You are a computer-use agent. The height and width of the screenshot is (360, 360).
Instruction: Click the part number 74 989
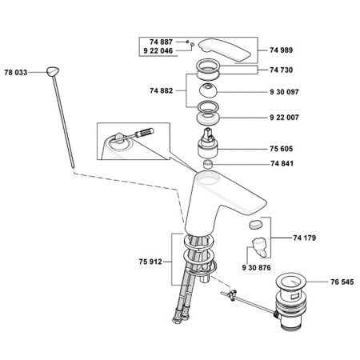(x=281, y=50)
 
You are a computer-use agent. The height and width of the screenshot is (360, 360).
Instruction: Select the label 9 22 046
(x=158, y=50)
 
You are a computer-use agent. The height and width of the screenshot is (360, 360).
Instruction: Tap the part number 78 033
(x=16, y=72)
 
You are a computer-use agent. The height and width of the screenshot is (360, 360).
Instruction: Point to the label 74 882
(x=162, y=90)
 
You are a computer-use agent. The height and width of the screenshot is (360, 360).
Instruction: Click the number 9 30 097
(x=284, y=92)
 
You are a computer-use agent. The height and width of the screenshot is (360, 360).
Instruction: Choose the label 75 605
(x=281, y=149)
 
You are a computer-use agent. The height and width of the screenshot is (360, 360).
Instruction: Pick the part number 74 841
(x=282, y=163)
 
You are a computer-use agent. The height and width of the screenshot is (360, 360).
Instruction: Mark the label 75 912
(x=150, y=262)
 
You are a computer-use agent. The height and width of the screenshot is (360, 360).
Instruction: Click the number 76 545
(x=342, y=282)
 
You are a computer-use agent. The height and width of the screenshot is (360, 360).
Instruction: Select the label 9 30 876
(x=256, y=267)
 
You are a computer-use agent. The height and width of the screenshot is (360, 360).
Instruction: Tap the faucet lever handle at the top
(x=225, y=50)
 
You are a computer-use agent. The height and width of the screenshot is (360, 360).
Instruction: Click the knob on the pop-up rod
(x=53, y=71)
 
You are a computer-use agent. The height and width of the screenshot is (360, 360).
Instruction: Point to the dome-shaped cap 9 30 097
(x=208, y=90)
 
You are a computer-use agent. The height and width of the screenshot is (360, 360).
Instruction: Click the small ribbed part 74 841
(x=208, y=164)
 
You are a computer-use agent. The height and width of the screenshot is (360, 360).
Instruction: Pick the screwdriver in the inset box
(x=136, y=134)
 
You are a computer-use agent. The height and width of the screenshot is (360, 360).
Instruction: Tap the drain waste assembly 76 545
(x=291, y=301)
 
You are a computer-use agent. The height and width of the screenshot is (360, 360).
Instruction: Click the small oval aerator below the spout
(x=256, y=224)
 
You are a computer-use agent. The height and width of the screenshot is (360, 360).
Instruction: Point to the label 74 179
(x=305, y=238)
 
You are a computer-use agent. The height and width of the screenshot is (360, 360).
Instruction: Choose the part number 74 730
(x=281, y=70)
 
